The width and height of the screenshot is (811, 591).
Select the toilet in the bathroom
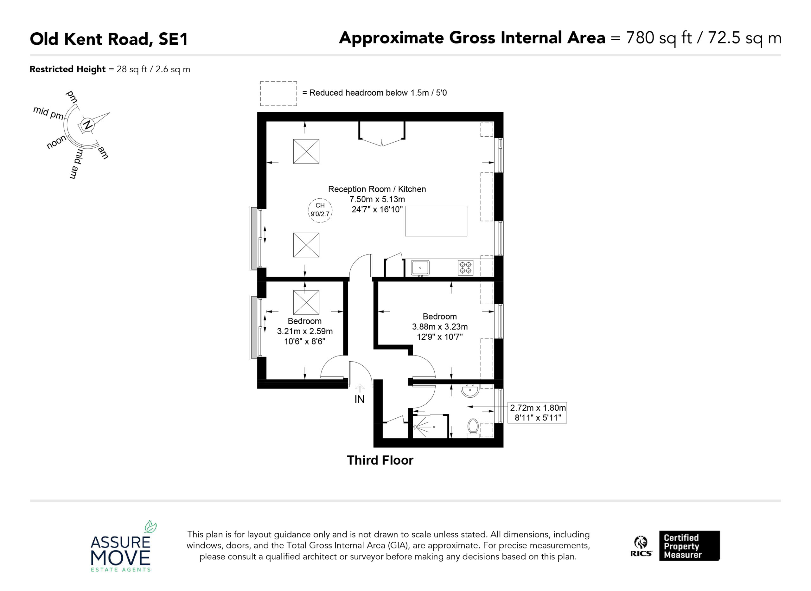point(473,428)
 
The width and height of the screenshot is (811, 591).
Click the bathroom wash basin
point(470,391)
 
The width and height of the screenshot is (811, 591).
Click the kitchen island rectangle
point(436,221)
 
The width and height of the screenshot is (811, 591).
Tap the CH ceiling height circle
point(320,210)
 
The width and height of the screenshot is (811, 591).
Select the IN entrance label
point(359,399)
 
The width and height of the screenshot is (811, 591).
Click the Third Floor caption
point(380,460)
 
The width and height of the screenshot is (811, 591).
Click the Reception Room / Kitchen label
point(377,189)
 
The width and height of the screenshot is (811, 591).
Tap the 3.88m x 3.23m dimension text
point(440,327)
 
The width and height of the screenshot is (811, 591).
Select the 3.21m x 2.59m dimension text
point(305,331)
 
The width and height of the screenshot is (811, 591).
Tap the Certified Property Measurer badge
point(689,546)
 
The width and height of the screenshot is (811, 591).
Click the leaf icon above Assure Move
point(150,527)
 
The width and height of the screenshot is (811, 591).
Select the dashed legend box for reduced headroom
point(278,94)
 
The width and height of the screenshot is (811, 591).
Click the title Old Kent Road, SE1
point(109,39)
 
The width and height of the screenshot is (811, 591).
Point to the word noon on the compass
point(56,142)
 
